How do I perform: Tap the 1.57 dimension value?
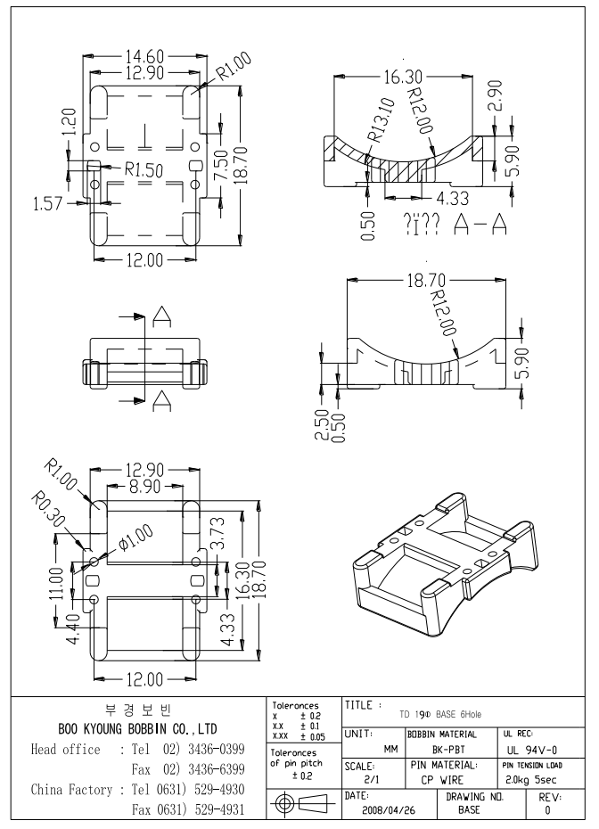[x=45, y=204]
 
